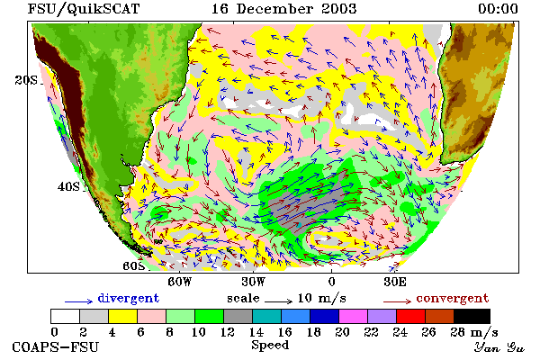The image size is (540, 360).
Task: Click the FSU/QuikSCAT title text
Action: [84, 9]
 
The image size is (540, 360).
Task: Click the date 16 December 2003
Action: [283, 9]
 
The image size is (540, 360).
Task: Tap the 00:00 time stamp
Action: [498, 9]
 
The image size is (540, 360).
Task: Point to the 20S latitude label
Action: [26, 80]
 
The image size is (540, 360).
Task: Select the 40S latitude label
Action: [68, 186]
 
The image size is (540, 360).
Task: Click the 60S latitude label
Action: [133, 266]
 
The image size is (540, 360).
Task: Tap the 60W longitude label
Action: [179, 282]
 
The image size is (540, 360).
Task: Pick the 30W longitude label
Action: [254, 282]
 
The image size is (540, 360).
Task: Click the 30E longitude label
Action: [395, 282]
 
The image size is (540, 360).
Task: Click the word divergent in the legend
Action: [128, 298]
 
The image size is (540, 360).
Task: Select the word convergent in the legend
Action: [452, 298]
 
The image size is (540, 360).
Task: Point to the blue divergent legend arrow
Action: [78, 301]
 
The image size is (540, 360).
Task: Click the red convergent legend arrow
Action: [397, 301]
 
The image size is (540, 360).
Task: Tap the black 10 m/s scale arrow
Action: [278, 301]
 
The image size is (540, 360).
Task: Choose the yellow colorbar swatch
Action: [122, 316]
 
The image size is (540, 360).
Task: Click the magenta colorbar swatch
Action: [353, 316]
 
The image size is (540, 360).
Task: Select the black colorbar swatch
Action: [472, 316]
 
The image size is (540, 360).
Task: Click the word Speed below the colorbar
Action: [270, 345]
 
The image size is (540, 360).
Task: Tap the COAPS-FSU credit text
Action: [56, 346]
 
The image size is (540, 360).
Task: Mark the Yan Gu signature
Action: [499, 347]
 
